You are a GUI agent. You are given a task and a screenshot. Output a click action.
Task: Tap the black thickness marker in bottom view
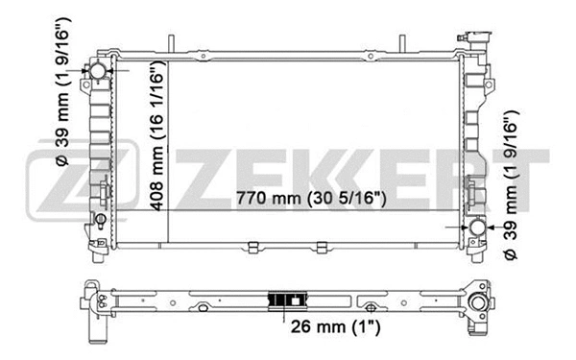tap(282, 300)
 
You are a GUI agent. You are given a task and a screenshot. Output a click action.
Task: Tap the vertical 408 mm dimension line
tap(169, 144)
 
